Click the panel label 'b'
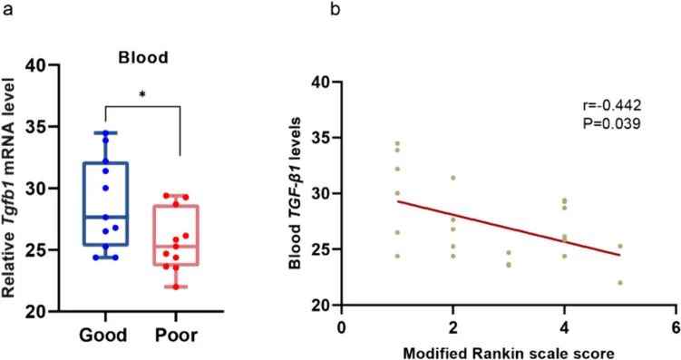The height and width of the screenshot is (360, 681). click(335, 8)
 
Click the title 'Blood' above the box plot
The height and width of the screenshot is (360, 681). click(143, 58)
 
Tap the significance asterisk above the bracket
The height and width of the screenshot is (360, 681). click(142, 94)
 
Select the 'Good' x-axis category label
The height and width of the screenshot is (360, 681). click(103, 335)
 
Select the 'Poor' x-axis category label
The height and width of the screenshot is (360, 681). click(176, 335)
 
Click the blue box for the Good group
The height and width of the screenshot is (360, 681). click(105, 204)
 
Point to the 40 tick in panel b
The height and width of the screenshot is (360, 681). click(336, 82)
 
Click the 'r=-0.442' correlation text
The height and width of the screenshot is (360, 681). click(611, 104)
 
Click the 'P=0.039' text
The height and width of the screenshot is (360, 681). click(610, 123)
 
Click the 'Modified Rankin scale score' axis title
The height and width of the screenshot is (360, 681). click(509, 353)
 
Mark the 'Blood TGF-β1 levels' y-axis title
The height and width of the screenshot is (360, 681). click(296, 193)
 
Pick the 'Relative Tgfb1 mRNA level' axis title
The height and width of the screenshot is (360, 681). click(9, 188)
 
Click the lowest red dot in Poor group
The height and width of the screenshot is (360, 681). click(176, 287)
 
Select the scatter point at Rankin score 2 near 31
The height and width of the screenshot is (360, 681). click(453, 178)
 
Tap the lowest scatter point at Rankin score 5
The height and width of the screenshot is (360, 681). click(620, 283)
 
